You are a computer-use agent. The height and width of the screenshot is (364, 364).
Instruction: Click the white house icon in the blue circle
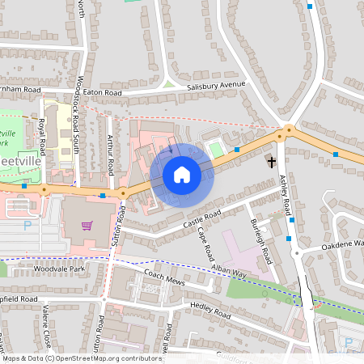point(182,174)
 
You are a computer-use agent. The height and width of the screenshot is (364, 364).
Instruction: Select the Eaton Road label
point(102,94)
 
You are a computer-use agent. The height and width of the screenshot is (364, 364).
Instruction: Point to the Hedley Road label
point(210,307)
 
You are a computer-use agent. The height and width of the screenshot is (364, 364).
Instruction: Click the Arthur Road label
point(109,154)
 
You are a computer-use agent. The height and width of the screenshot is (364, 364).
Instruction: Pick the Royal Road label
point(40,136)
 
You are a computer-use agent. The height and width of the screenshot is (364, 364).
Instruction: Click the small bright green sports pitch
point(215,149)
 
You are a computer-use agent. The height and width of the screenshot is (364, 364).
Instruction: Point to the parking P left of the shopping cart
point(29,226)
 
